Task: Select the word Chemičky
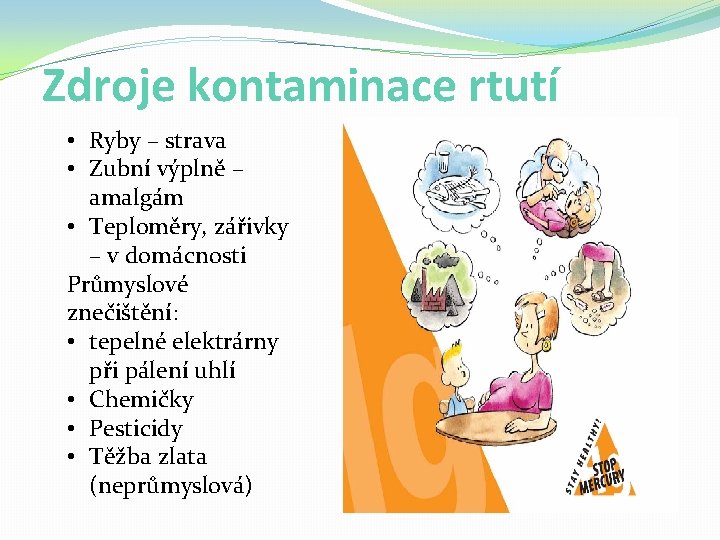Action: coord(141,400)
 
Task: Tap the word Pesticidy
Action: coord(136,429)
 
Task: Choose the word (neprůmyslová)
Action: coord(171,486)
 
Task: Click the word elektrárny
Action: coord(222,342)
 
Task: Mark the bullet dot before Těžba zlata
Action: coord(75,457)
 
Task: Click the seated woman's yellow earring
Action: coord(546,346)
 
